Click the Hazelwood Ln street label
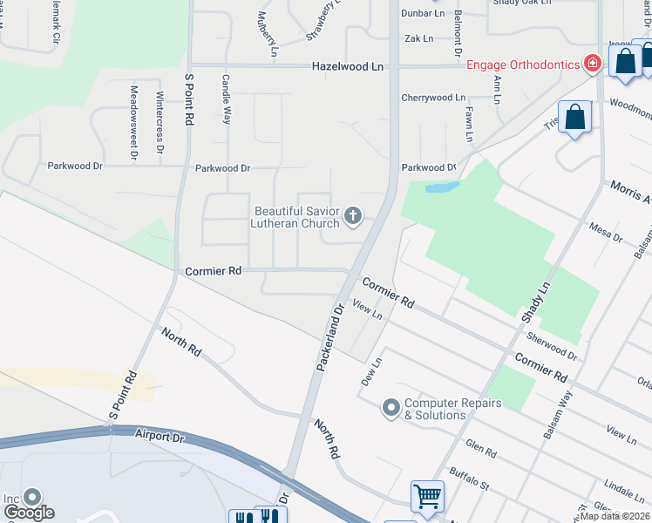(348, 66)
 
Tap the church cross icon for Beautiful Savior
(353, 215)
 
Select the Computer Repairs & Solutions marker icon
(391, 407)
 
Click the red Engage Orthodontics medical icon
(593, 63)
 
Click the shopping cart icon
(427, 496)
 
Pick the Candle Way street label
(226, 98)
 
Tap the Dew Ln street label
(372, 372)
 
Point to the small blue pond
(442, 187)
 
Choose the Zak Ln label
(419, 38)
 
